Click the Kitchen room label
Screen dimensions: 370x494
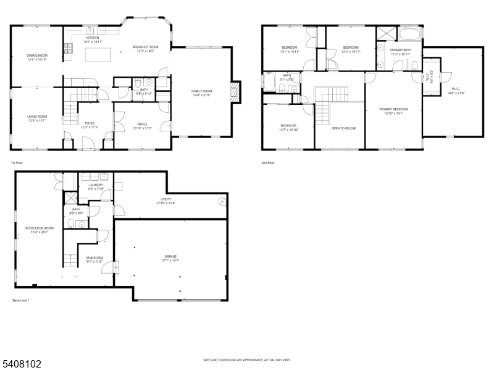(x=93, y=38)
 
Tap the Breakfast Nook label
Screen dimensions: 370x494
(x=144, y=47)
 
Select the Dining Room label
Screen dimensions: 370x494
(x=37, y=56)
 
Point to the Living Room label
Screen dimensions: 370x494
(x=37, y=117)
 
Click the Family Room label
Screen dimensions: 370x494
(x=201, y=91)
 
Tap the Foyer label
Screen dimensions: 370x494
(x=89, y=124)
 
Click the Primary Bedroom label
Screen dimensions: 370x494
(x=393, y=109)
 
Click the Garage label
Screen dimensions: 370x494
(x=170, y=256)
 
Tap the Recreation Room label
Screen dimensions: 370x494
(x=40, y=228)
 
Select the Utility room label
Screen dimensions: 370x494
(x=166, y=199)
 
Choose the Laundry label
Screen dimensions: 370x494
(x=96, y=184)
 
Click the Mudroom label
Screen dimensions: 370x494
(x=94, y=258)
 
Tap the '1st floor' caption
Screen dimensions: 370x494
(x=17, y=163)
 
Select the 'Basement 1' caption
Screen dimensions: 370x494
(x=21, y=300)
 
